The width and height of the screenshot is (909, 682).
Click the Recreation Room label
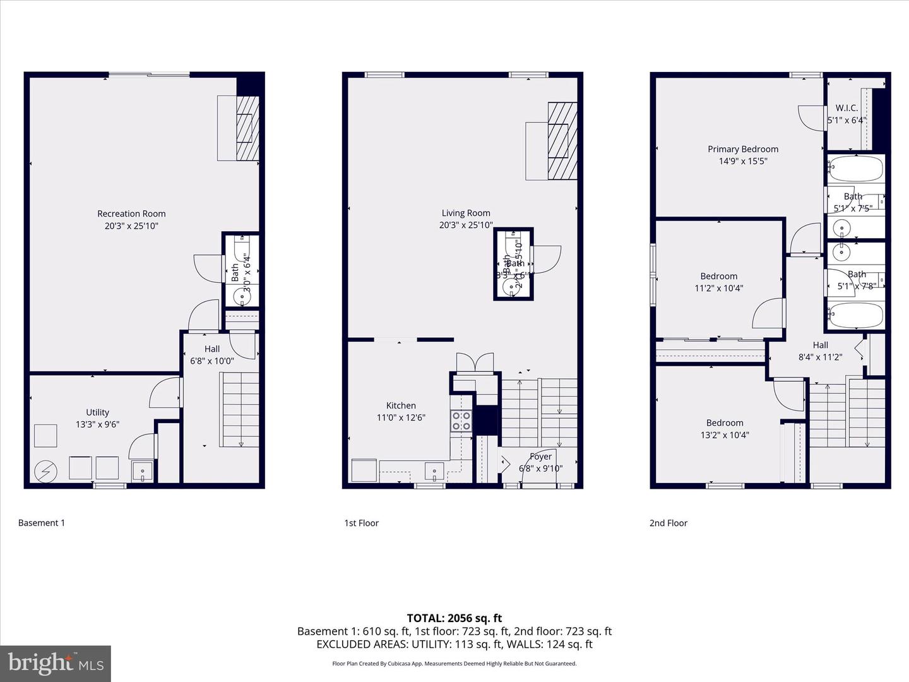131,213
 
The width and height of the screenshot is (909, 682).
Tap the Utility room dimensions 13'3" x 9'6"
97,424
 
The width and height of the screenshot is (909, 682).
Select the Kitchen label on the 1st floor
401,405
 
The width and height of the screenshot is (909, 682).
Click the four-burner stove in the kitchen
461,421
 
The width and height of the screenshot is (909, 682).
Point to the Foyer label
540,457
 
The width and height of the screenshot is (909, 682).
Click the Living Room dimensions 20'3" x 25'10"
466,225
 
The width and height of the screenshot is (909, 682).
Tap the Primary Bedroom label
742,149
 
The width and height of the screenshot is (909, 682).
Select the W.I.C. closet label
847,108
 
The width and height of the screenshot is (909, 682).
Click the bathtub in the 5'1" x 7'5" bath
855,169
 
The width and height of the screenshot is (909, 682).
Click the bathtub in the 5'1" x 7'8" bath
855,315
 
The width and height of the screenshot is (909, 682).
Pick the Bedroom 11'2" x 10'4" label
718,276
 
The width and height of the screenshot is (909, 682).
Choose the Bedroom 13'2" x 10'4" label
724,423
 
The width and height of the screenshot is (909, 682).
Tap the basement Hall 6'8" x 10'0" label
212,349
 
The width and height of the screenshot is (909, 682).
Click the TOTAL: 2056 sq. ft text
454,618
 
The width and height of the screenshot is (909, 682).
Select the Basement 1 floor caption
42,523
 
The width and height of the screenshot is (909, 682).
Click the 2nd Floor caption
668,523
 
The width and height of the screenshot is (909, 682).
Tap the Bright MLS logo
56,663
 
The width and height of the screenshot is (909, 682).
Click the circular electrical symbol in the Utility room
45,470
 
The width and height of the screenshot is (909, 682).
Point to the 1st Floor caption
361,523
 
